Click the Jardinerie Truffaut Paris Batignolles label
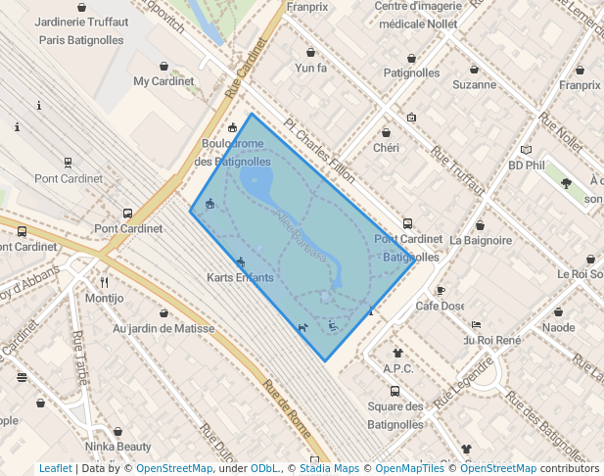(x=80, y=30)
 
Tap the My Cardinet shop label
(x=163, y=81)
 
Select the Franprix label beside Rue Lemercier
(x=580, y=85)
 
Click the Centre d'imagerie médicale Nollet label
(x=417, y=15)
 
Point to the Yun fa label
(x=310, y=69)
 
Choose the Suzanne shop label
(x=474, y=84)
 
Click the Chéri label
(x=386, y=147)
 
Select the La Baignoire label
(x=481, y=239)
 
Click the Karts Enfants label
(x=241, y=277)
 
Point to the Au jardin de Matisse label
(x=163, y=328)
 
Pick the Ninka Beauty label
(x=117, y=447)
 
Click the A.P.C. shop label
(x=398, y=368)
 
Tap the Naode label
(x=558, y=327)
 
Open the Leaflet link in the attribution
(x=55, y=468)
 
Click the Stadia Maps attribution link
(x=329, y=468)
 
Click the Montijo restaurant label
(x=105, y=298)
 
